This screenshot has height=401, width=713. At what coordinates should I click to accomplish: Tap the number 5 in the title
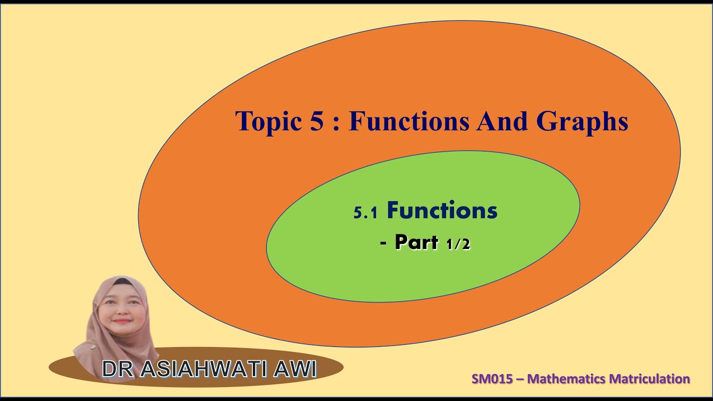(315, 122)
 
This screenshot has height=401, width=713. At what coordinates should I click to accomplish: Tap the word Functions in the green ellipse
(442, 211)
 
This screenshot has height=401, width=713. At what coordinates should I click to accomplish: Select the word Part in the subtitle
(416, 242)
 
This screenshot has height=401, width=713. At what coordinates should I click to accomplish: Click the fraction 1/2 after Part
(458, 244)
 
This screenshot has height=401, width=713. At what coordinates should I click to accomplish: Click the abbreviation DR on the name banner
(116, 369)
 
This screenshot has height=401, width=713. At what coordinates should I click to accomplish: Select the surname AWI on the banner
(295, 369)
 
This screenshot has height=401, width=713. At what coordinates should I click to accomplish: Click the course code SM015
(491, 379)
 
